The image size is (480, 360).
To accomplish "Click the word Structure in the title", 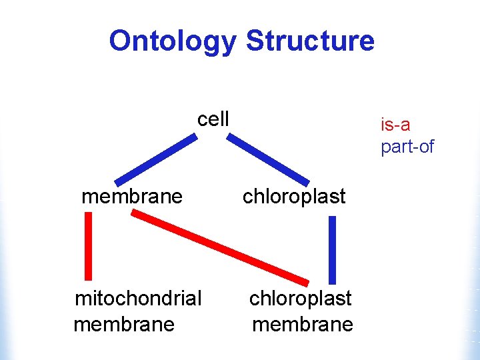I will (310, 41).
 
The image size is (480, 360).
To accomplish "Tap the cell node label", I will (213, 119).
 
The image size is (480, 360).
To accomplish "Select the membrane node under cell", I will (131, 197).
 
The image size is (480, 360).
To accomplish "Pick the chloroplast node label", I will (294, 197).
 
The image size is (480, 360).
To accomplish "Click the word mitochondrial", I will (138, 298).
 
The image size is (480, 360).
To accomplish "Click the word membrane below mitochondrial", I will (124, 325).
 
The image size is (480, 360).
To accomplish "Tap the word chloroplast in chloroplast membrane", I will (300, 298).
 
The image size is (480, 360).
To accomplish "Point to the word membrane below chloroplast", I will (303, 325).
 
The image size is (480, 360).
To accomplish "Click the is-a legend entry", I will (395, 125).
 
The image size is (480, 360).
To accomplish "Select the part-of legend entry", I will (407, 147).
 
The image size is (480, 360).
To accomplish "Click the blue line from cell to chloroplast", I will (268, 159).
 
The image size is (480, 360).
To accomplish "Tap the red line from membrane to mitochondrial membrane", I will (88, 245).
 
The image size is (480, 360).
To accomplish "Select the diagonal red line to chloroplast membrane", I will (220, 247).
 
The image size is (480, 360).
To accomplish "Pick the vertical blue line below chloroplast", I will (333, 250).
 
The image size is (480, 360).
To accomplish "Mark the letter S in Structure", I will (255, 41).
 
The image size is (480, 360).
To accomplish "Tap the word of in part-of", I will (424, 147).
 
